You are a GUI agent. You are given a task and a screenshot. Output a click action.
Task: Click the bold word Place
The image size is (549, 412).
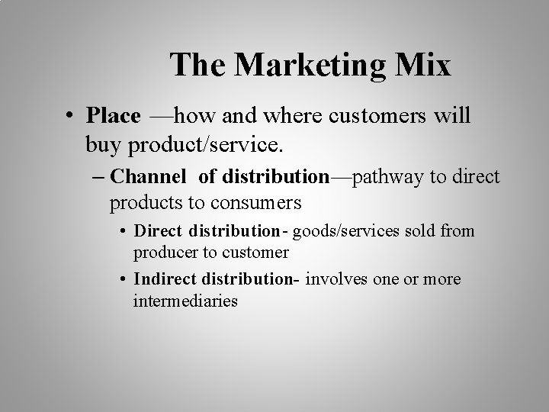tap(114, 116)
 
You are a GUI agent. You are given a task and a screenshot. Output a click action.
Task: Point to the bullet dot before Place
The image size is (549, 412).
tap(69, 117)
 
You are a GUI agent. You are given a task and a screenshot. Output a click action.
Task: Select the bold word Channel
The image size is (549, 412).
tap(147, 177)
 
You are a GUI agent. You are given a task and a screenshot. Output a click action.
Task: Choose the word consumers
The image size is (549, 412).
tap(257, 203)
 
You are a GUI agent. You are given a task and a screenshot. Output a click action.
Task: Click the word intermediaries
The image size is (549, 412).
tap(185, 301)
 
